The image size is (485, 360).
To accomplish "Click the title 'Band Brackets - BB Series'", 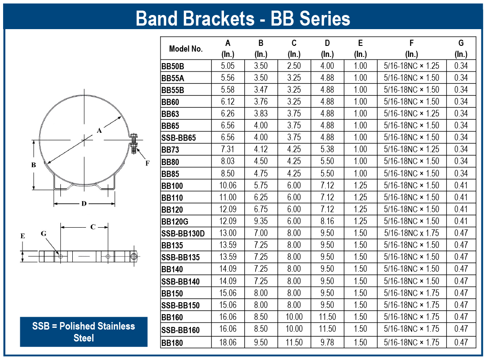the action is pos(243,18).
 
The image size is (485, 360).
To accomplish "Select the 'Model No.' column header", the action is pos(186,49).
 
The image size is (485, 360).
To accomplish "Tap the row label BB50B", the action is pos(172,66).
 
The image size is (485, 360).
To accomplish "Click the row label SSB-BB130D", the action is pos(183,233).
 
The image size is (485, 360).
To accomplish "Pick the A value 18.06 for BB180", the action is pos(228,342).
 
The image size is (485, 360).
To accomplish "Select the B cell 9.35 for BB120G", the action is pos(261,221).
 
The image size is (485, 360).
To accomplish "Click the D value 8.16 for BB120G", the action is pos(327,221).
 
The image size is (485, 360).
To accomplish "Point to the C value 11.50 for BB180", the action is pos(294,342).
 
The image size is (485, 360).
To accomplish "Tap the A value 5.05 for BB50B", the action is pos(228,66).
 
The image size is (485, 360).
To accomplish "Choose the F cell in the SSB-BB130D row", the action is pos(411,233).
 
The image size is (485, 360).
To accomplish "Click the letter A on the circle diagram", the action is pos(99,130).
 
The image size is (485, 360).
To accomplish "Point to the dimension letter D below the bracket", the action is pos(84,203).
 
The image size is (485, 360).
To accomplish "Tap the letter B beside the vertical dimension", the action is pos(34,165).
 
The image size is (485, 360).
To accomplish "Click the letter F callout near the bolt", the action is pos(147,163).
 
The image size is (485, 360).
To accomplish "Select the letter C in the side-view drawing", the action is pos(93,227).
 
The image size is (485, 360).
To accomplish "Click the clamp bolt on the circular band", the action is pos(134,143).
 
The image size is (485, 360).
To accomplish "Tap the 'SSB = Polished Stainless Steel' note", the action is pos(83,332).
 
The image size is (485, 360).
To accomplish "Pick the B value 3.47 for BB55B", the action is pos(261,90).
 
